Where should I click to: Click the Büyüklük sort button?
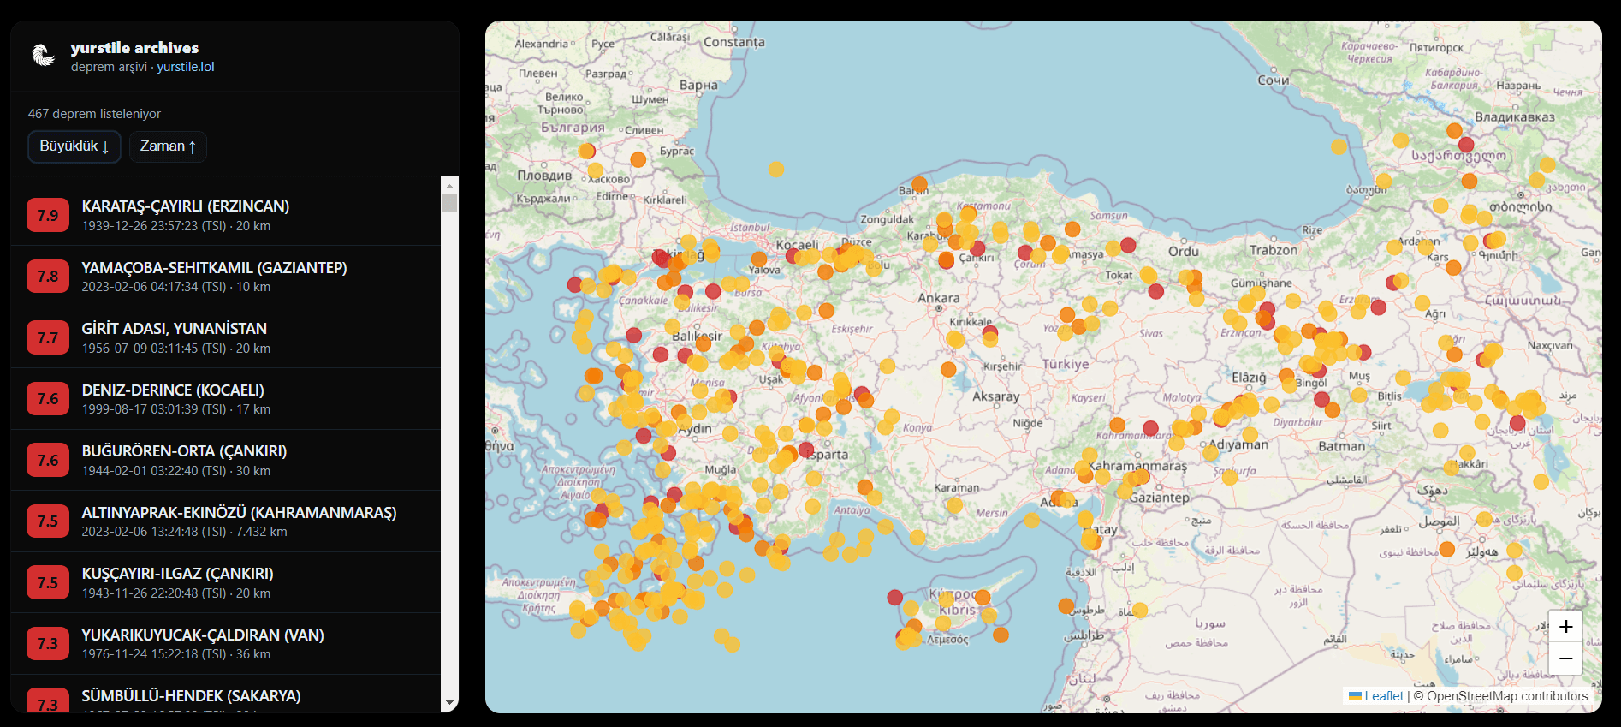(74, 146)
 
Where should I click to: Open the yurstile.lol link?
(185, 67)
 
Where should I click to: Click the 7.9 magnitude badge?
(48, 216)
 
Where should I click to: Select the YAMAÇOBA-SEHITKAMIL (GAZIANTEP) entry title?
(214, 268)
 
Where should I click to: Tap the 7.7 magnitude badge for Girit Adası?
(48, 338)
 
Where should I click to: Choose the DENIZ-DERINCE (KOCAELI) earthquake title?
(173, 390)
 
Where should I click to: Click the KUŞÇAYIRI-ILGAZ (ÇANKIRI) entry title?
(177, 574)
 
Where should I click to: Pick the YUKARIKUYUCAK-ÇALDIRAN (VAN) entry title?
(202, 635)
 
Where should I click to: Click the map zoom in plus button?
(1565, 627)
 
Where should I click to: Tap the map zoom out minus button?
(1565, 658)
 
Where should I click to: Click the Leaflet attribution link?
(1383, 696)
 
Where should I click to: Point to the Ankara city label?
(938, 298)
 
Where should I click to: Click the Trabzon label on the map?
(1273, 250)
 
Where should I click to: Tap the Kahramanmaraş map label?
(1137, 467)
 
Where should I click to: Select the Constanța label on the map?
(733, 42)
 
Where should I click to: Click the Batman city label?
(1341, 446)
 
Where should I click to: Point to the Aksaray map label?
(995, 396)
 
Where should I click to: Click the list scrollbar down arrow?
(449, 703)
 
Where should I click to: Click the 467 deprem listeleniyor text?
(94, 114)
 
